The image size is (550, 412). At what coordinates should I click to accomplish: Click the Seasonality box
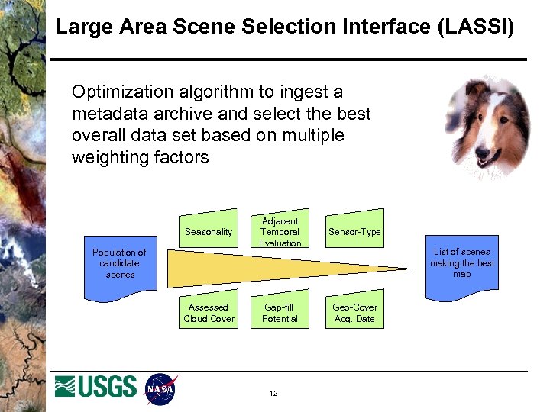[x=209, y=231]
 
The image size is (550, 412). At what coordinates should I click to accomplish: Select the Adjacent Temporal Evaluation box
[x=280, y=230]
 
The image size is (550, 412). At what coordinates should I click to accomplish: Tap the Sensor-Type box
[x=354, y=231]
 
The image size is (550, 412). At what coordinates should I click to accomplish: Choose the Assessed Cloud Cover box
[x=209, y=312]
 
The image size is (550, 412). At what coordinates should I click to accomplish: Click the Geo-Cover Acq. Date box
[x=354, y=312]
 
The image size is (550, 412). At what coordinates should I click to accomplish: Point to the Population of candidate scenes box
[x=119, y=263]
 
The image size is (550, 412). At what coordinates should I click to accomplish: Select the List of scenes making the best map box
[x=461, y=262]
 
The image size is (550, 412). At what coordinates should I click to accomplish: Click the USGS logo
[x=95, y=387]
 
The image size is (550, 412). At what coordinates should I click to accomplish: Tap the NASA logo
[x=160, y=389]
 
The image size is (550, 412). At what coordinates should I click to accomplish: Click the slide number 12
[x=273, y=394]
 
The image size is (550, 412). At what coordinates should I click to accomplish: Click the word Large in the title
[x=82, y=27]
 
